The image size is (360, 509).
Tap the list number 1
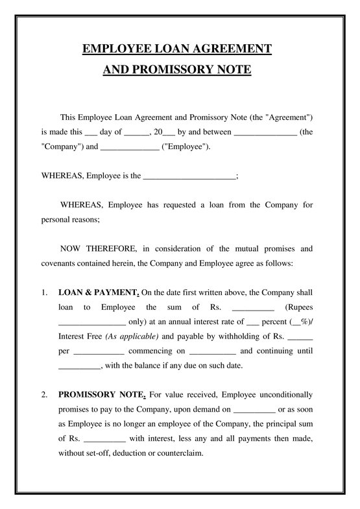pos(44,292)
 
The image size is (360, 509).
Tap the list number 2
pos(44,394)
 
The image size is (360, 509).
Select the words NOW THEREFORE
pos(98,248)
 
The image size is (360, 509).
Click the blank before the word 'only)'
pos(91,323)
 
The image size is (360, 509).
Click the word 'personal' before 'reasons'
pos(56,219)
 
